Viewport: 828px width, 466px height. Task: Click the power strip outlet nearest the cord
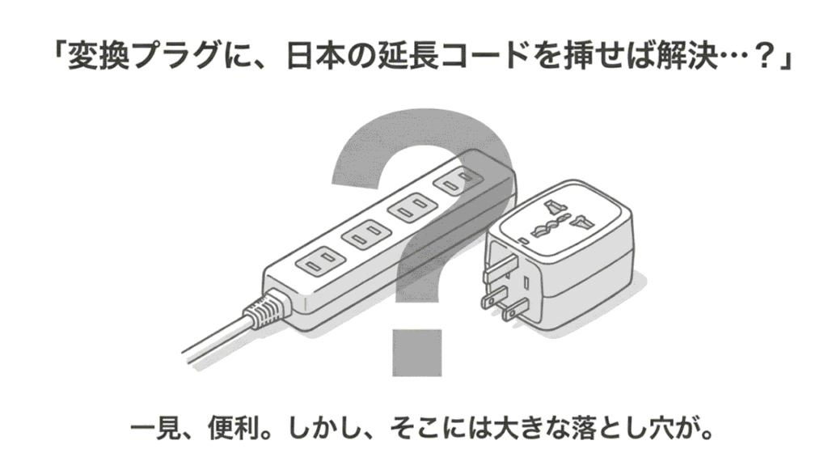(x=319, y=261)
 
